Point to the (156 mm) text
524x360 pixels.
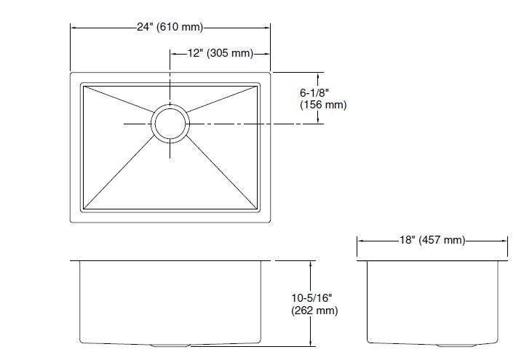point(323,105)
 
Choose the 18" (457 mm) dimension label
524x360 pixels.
point(432,241)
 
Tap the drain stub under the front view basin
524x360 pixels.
point(170,343)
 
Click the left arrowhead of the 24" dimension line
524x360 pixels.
point(74,28)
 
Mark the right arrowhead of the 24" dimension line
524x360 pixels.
point(269,28)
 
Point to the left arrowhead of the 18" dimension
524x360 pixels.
point(360,241)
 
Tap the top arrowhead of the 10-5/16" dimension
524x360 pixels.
point(313,262)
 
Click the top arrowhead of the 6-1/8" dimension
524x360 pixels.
point(319,75)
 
